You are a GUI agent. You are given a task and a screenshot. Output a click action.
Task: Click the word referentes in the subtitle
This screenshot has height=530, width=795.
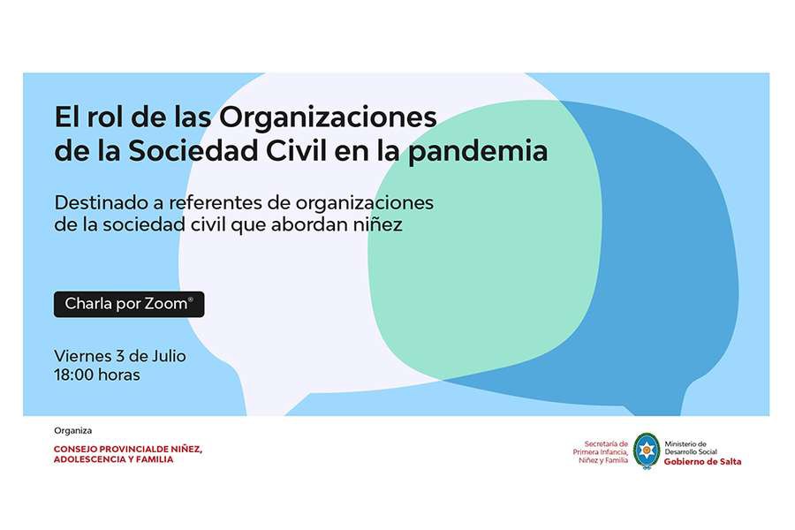(215, 202)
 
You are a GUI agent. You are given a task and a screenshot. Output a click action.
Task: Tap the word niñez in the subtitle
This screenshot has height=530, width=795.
(378, 224)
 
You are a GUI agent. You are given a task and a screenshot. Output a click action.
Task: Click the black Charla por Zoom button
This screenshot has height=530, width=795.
(129, 304)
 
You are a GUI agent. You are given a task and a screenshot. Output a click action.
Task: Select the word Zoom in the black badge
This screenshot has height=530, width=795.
(166, 304)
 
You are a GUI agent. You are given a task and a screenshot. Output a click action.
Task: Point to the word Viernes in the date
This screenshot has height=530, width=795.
(83, 355)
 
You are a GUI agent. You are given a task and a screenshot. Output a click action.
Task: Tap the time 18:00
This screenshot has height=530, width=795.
(74, 375)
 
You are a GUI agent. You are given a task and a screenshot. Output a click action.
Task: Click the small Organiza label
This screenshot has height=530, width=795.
(73, 430)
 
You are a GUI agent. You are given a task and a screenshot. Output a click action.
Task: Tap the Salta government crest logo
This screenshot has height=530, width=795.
(647, 450)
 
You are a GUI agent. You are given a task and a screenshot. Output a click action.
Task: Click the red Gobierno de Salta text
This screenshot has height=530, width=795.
(703, 461)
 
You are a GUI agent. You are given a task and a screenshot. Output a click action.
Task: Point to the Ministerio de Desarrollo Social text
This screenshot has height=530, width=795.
(691, 447)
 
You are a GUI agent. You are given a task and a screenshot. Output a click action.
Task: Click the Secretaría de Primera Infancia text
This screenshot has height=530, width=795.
(601, 451)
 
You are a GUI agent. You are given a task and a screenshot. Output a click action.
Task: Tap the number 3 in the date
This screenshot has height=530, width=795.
(119, 355)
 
